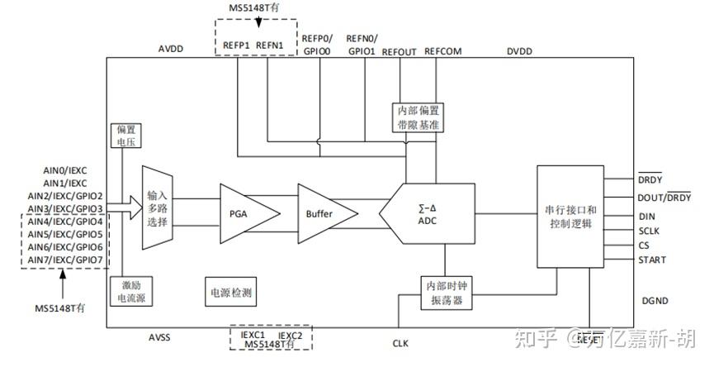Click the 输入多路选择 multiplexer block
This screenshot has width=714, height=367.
(158, 208)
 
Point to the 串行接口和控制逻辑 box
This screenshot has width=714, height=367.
(570, 216)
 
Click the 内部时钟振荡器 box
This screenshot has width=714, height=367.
(445, 291)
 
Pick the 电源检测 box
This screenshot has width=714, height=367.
(231, 292)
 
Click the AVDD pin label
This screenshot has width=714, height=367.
(170, 50)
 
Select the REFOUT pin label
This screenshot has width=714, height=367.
(400, 51)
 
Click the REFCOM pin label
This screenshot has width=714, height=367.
(443, 51)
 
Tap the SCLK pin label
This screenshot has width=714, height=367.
(650, 231)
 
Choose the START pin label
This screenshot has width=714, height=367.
(652, 260)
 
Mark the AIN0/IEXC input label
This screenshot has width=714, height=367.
(64, 170)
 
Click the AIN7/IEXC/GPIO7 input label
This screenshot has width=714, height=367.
(65, 260)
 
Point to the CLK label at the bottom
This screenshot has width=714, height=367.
(401, 341)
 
